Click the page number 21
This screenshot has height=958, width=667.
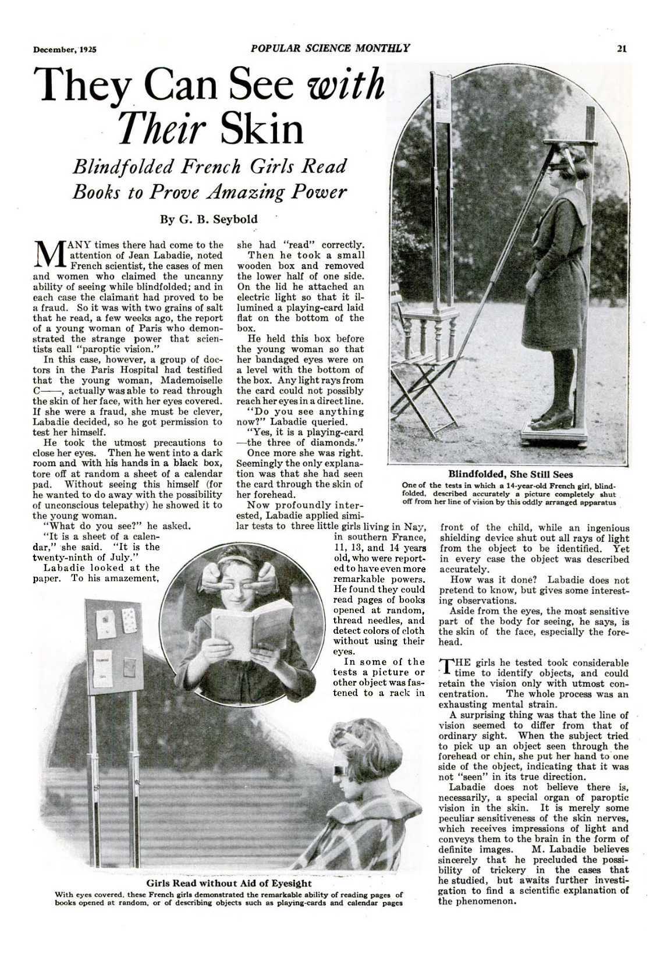[x=622, y=49]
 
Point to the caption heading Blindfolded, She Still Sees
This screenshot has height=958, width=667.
[x=510, y=474]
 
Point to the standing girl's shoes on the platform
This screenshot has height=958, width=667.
[x=551, y=418]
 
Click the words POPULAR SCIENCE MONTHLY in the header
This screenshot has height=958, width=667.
[x=331, y=48]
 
